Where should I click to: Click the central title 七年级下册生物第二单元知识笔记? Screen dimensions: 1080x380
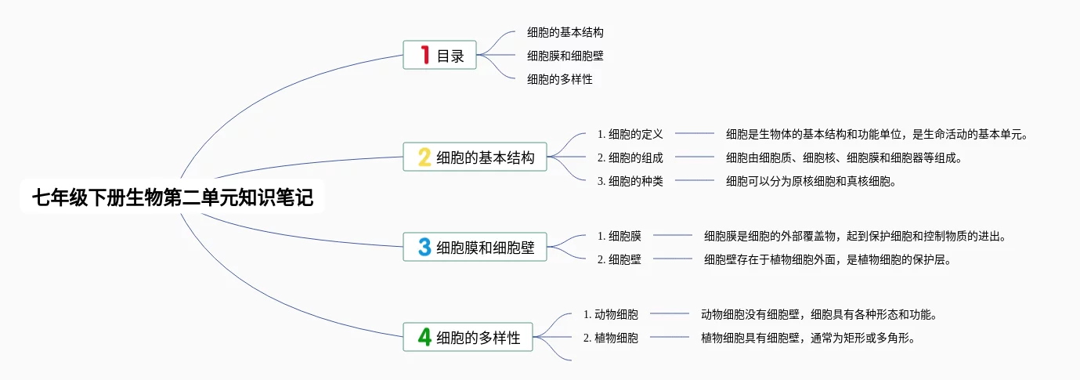[172, 197]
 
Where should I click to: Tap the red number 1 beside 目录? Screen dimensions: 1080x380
[424, 55]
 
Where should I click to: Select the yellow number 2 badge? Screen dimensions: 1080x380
[424, 157]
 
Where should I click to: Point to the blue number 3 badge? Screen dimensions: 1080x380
[424, 247]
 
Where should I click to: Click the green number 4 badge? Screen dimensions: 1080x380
[424, 337]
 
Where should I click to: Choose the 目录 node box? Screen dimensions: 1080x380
[439, 55]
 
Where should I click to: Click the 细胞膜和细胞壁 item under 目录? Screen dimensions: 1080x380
[565, 56]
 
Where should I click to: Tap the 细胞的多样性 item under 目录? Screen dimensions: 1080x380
[560, 79]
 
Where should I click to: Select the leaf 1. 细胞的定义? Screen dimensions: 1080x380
[630, 134]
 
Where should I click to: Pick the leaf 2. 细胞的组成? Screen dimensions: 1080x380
[630, 157]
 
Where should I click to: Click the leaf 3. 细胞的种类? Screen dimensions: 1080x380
[630, 181]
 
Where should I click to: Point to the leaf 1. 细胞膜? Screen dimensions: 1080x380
[619, 236]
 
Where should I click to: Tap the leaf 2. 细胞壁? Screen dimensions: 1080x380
[619, 259]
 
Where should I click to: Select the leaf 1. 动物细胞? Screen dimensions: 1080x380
[610, 314]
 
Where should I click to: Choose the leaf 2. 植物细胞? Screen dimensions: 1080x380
[610, 338]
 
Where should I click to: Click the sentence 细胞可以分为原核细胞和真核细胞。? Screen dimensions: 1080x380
[811, 181]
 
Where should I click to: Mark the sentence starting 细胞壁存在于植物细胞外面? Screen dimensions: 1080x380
[827, 259]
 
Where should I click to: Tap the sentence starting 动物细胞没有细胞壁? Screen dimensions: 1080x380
[818, 314]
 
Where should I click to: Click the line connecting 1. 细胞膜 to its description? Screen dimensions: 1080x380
[673, 235]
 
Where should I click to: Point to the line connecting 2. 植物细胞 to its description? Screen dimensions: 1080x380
[670, 337]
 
